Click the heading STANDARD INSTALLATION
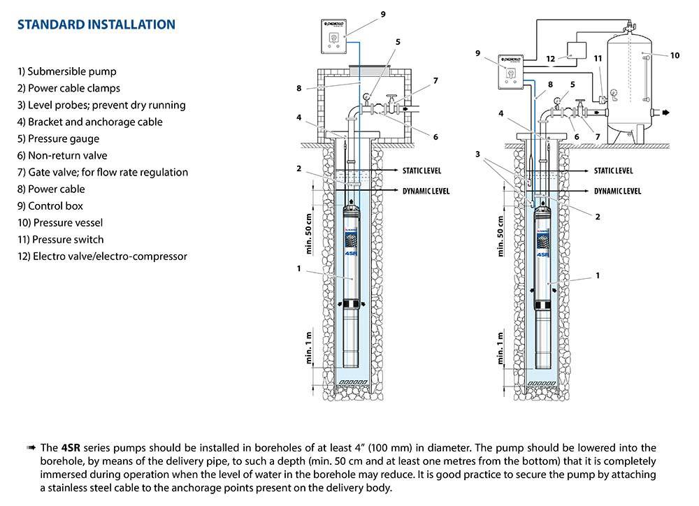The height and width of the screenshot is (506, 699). pyautogui.click(x=96, y=25)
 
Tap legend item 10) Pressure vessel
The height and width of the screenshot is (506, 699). pyautogui.click(x=61, y=222)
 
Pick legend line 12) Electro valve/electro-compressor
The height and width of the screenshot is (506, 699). pyautogui.click(x=103, y=256)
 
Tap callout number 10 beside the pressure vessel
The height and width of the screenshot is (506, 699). pyautogui.click(x=675, y=55)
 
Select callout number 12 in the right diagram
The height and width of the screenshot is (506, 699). pyautogui.click(x=551, y=59)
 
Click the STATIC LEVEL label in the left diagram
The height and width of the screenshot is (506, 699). pyautogui.click(x=421, y=171)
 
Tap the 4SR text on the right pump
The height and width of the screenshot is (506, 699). pyautogui.click(x=545, y=255)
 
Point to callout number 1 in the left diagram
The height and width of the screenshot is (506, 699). pyautogui.click(x=298, y=268)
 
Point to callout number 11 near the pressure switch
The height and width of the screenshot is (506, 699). pyautogui.click(x=597, y=59)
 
